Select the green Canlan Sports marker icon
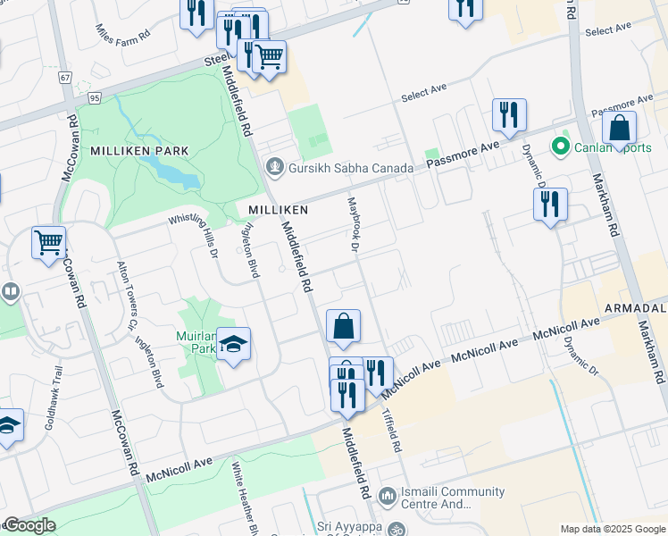(x=561, y=145)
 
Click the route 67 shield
(x=65, y=78)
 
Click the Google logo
(x=29, y=526)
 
